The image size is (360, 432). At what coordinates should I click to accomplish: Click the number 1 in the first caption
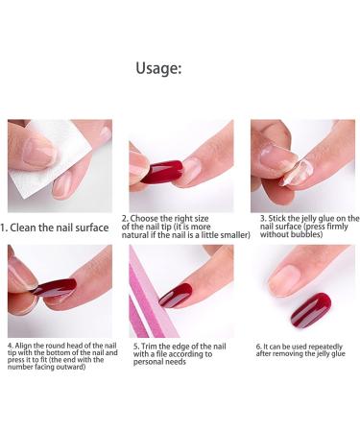[4, 229]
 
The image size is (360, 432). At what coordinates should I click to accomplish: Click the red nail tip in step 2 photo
[158, 174]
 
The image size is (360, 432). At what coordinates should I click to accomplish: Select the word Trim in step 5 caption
[152, 345]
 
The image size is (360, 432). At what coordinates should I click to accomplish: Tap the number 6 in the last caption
[257, 345]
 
